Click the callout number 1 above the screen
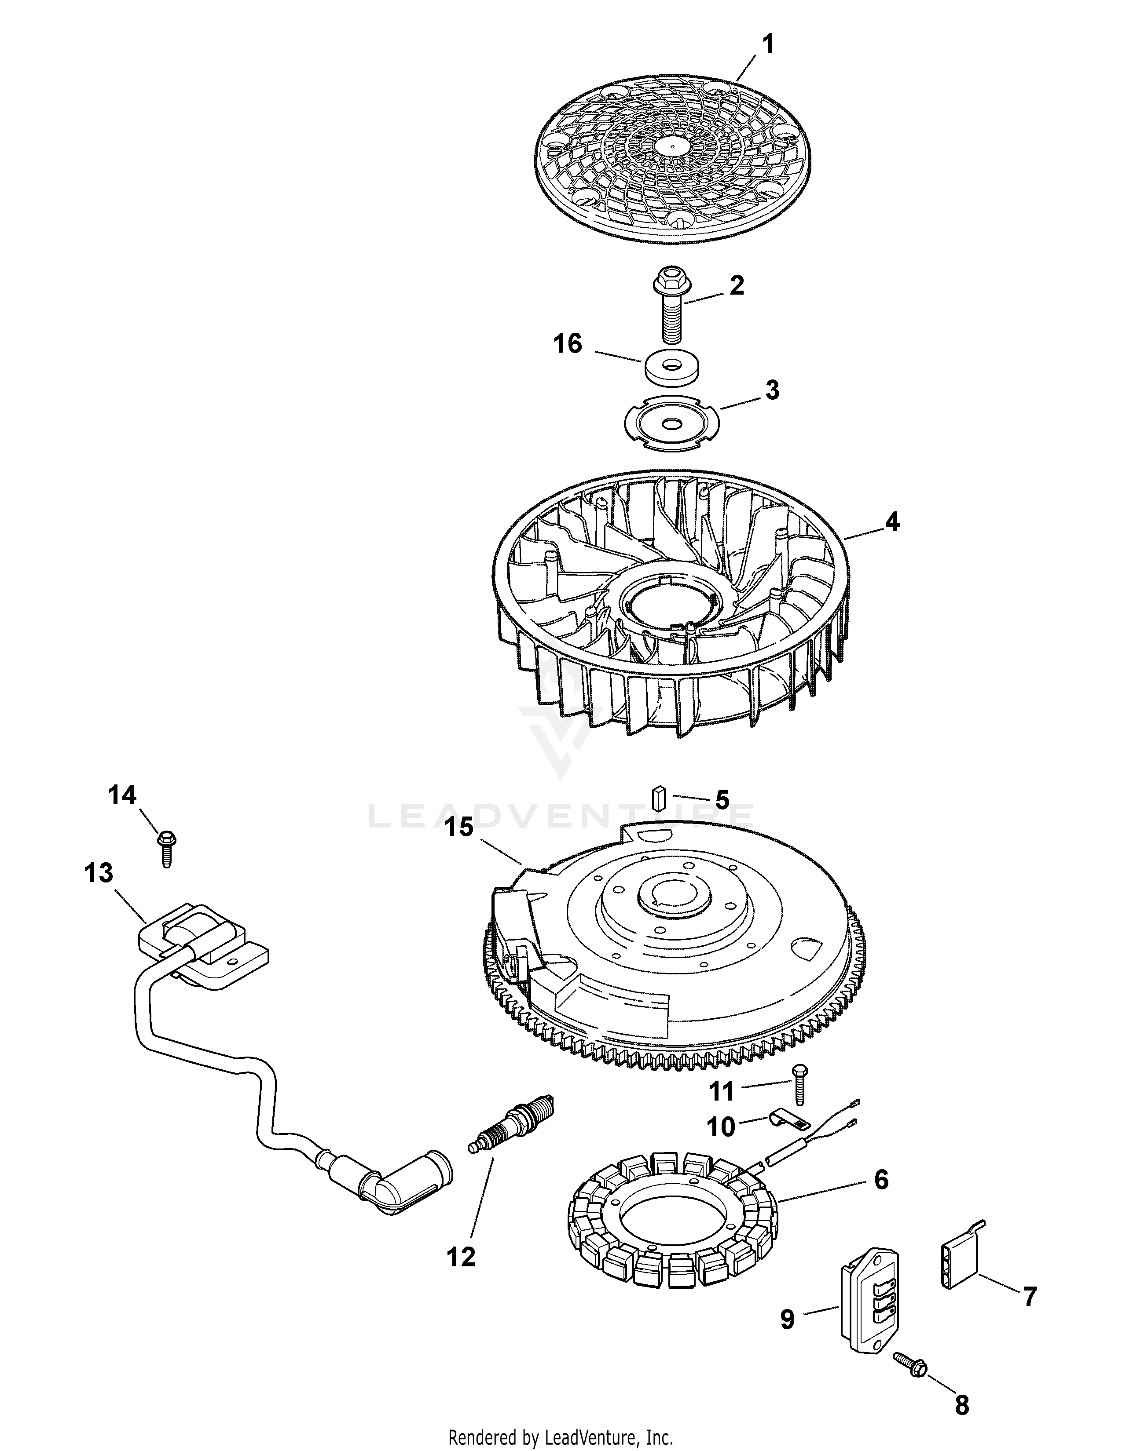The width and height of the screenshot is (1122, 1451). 768,45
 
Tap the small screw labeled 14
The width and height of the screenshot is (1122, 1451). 164,849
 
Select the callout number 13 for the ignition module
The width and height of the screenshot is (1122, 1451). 99,873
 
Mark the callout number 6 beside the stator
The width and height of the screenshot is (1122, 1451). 881,1180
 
